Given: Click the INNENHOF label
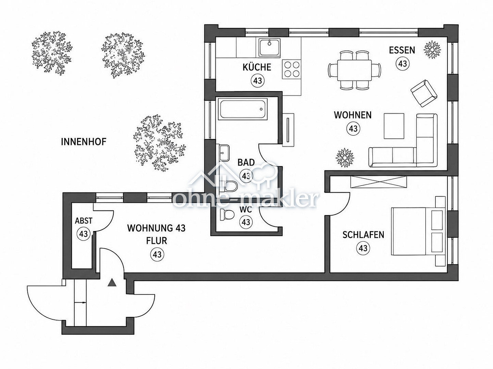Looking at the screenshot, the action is pyautogui.click(x=84, y=142).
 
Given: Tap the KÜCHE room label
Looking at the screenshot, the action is pyautogui.click(x=257, y=67).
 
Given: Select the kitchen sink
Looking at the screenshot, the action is pyautogui.click(x=269, y=47).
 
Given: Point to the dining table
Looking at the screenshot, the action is pyautogui.click(x=354, y=70).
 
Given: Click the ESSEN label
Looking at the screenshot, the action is pyautogui.click(x=402, y=50).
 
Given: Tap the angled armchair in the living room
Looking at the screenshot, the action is pyautogui.click(x=424, y=93).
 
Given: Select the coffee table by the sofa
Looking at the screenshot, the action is pyautogui.click(x=394, y=126).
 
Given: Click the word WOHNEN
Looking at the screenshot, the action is pyautogui.click(x=353, y=115).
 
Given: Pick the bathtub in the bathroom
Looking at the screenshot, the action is pyautogui.click(x=243, y=109).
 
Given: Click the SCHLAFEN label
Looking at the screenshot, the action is pyautogui.click(x=363, y=235).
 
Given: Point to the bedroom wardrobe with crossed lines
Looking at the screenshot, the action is pyautogui.click(x=379, y=182).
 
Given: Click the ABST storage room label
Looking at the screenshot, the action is pyautogui.click(x=84, y=221).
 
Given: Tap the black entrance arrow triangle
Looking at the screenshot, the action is pyautogui.click(x=112, y=283).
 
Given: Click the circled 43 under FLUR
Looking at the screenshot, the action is pyautogui.click(x=157, y=255).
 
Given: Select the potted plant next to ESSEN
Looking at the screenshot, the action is pyautogui.click(x=432, y=50).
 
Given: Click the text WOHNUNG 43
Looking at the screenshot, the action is pyautogui.click(x=156, y=228).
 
